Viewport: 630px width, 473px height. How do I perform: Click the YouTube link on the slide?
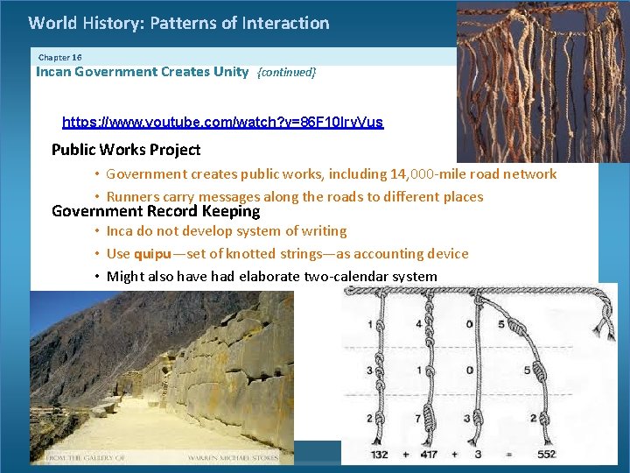point(222,123)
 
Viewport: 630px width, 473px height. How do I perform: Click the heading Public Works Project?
point(126,150)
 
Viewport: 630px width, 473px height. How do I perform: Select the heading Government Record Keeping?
point(156,211)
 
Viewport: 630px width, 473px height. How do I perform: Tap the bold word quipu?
point(151,254)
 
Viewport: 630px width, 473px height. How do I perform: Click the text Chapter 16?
point(59,57)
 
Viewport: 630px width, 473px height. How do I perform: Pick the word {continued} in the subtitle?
point(286,73)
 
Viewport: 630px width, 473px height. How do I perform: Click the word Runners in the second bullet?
point(133,197)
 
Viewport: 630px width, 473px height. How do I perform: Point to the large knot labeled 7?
point(430,417)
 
